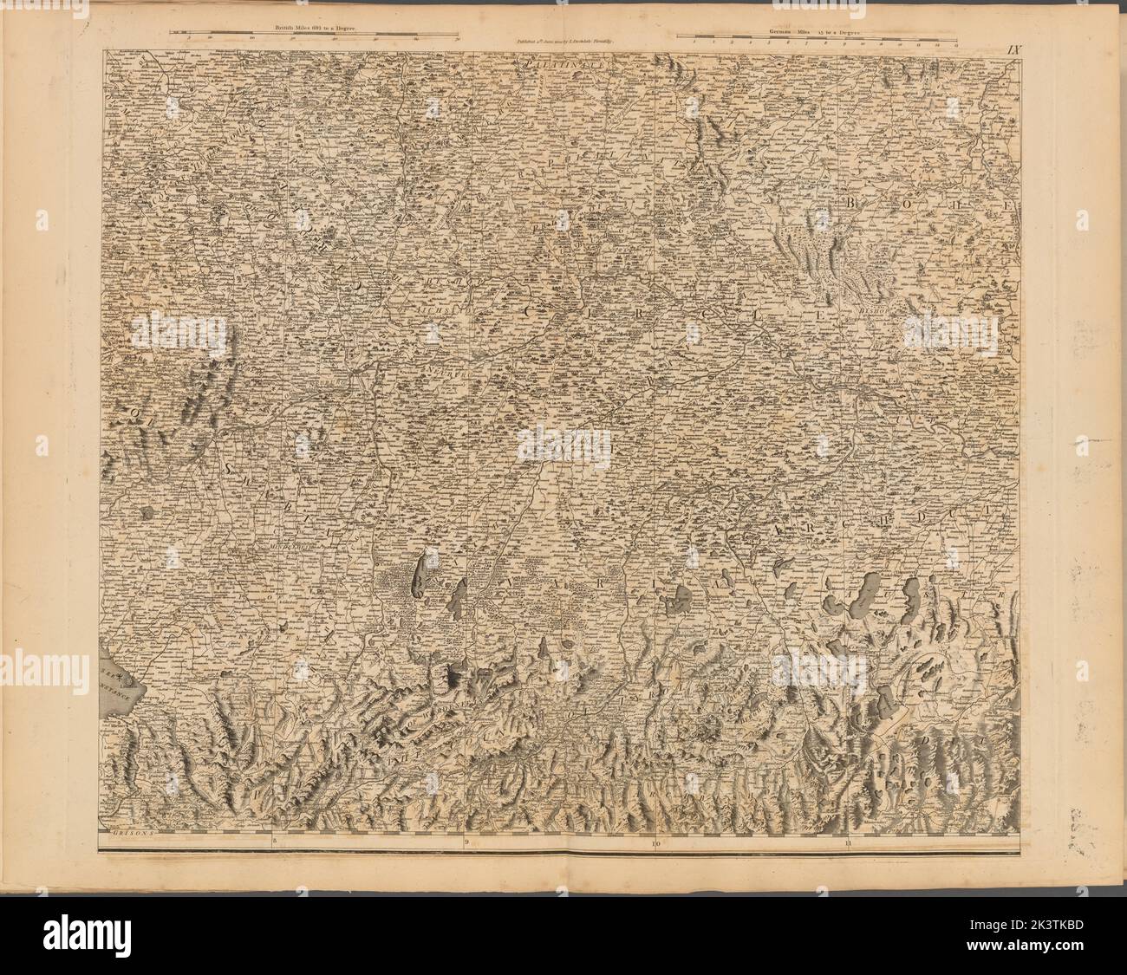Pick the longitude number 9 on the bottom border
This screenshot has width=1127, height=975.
click(466, 841)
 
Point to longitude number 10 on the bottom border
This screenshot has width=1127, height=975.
click(656, 841)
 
